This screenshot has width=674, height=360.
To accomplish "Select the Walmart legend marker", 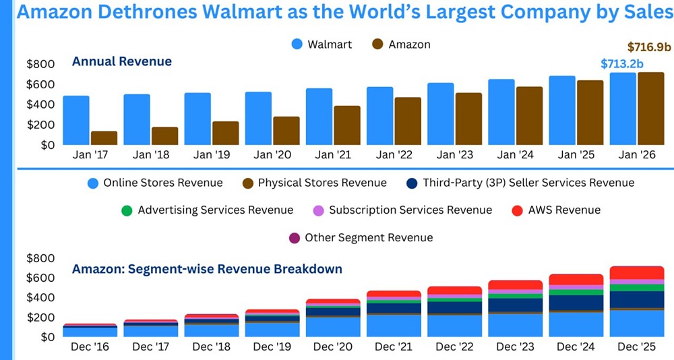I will pos(297,44).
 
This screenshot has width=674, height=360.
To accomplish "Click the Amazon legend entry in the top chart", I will pos(400,44).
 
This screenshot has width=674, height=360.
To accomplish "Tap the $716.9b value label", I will pos(649,47).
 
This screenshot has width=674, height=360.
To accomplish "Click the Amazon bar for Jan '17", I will pos(104,138).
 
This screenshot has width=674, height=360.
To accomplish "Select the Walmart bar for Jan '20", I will pos(258,118).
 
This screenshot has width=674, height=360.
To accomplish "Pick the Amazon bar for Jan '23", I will pos(468,119).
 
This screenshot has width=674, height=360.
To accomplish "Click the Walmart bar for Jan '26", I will pos(623,109).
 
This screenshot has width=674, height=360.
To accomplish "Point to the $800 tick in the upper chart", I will pos(40,64).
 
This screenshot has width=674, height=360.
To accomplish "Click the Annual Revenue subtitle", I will pos(122,61).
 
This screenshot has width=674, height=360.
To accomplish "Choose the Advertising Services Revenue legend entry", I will pos(207,210).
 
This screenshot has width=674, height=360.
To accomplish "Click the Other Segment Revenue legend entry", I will pos(361,237).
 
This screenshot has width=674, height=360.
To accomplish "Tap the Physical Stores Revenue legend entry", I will pos(313,183).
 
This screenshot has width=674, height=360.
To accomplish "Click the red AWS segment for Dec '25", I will pos(637,272).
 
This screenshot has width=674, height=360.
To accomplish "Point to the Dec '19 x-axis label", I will pos(272,347).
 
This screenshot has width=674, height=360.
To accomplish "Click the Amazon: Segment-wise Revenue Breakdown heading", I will pos(207,269).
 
